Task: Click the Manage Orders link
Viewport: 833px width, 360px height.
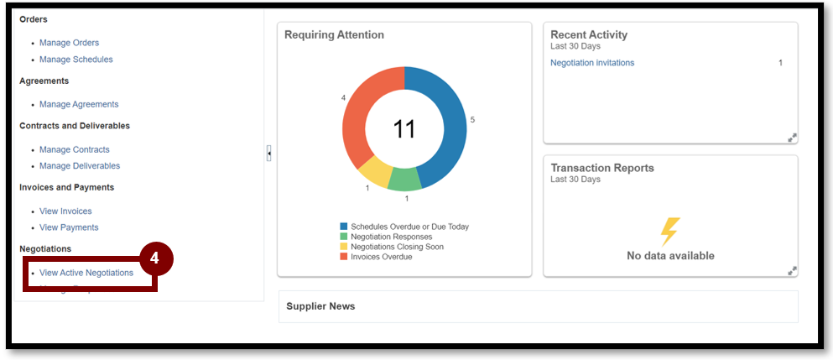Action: click(69, 43)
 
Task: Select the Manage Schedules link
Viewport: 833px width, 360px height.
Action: click(75, 60)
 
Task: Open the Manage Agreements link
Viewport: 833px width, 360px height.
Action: click(79, 104)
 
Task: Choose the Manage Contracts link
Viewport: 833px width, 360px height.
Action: click(74, 149)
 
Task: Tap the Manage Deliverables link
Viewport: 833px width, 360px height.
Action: click(80, 166)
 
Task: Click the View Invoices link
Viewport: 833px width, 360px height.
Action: click(65, 211)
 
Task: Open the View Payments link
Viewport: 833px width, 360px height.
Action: click(69, 227)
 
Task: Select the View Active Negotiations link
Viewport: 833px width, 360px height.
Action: click(86, 273)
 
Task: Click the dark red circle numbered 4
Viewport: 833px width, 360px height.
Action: click(155, 258)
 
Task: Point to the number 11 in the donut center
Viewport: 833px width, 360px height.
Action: click(404, 129)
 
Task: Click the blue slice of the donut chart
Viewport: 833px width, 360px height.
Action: click(449, 126)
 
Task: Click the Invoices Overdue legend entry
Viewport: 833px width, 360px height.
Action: click(381, 257)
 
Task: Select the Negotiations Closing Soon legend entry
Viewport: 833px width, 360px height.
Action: click(397, 247)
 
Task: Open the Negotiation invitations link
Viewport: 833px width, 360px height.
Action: click(592, 63)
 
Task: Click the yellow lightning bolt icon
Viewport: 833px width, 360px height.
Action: click(670, 232)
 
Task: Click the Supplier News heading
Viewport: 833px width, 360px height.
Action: click(320, 306)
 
